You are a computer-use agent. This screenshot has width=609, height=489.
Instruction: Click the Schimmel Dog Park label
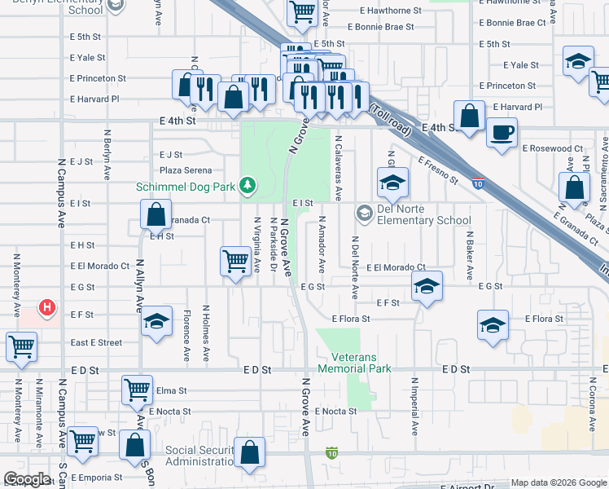point(186,187)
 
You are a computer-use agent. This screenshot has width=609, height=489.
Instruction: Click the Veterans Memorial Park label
point(361,363)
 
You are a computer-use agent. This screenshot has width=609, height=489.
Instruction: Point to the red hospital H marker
point(48,308)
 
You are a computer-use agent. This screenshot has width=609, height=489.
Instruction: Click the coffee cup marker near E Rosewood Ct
point(502,131)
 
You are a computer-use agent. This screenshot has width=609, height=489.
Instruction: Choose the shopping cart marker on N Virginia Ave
point(235,262)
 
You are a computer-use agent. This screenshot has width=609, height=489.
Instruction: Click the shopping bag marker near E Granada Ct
point(156,215)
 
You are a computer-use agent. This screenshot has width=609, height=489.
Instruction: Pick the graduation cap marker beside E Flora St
point(493,325)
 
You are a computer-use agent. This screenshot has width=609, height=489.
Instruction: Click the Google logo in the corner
point(28,480)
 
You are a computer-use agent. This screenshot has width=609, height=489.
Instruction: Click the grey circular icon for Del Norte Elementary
point(363,214)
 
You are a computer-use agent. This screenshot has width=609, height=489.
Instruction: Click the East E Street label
point(96,343)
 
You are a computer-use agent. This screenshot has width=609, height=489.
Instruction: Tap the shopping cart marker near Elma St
point(138,390)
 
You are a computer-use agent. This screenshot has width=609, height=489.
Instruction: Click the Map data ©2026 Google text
point(558,482)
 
